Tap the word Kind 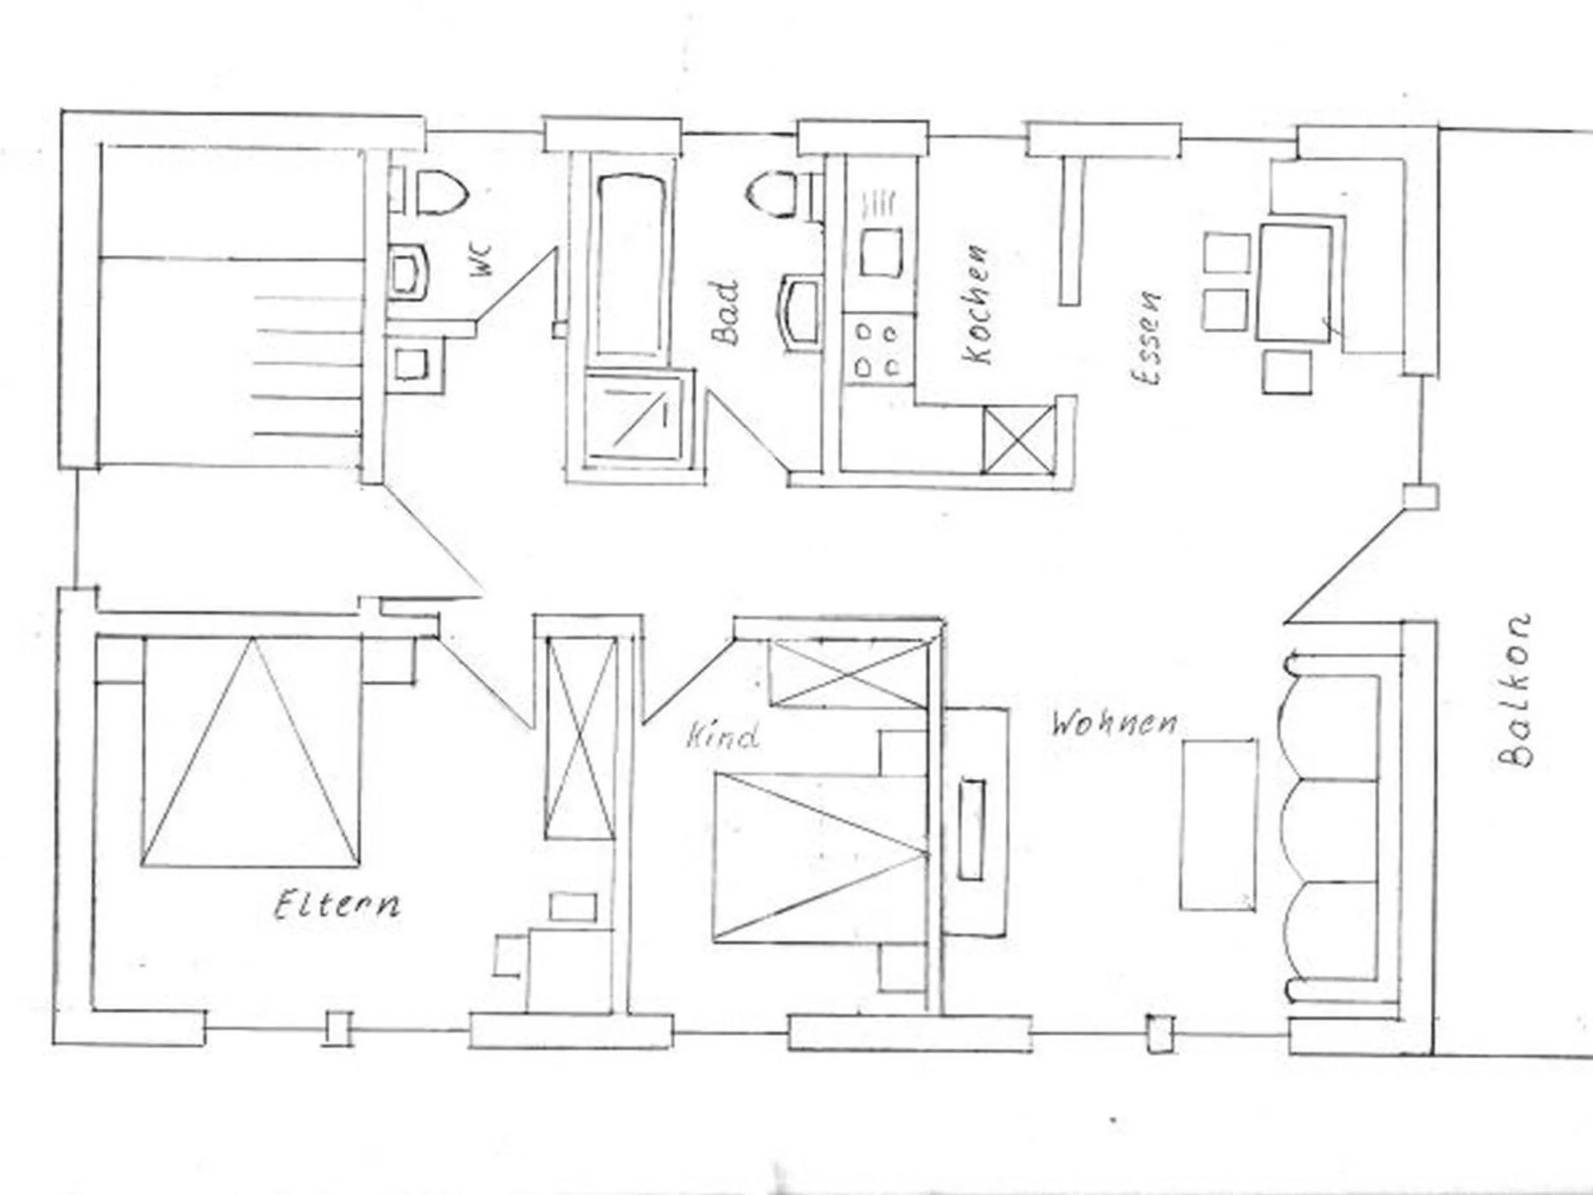tap(722, 736)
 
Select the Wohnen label tap(1114, 723)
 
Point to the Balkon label tap(1514, 690)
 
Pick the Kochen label tap(977, 305)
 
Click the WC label tap(482, 260)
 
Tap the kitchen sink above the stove tap(880, 253)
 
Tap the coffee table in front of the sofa tap(1219, 825)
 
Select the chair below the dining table tap(1287, 372)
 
